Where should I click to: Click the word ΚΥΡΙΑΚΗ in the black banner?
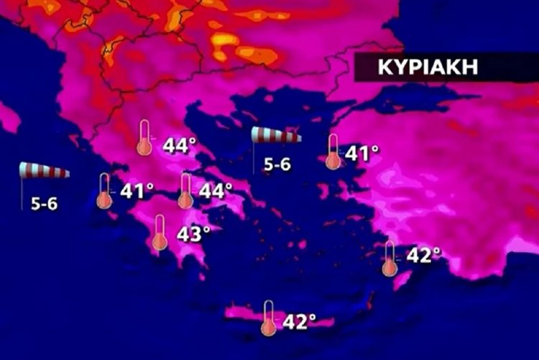coord(428,69)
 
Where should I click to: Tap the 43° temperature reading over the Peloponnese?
coord(193,234)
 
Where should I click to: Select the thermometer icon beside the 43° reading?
coord(160,232)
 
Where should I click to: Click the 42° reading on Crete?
coord(299,321)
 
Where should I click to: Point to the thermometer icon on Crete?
coord(269,318)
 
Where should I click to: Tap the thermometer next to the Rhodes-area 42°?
coord(390,259)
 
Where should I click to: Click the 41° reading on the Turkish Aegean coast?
coord(361,153)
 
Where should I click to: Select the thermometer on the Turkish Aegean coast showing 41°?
coord(333,152)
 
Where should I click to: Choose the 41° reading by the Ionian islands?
coord(137,191)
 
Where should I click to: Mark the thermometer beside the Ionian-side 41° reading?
coord(105,191)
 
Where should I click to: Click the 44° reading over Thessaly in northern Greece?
coord(179,146)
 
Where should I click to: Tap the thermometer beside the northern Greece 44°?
coord(145,138)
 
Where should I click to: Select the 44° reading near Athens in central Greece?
coord(216,192)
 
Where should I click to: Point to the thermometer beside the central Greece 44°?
coord(185,190)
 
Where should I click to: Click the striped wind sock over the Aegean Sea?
coord(276,135)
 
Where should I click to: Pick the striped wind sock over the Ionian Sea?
coord(45,171)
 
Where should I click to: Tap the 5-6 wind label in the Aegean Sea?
coord(277,165)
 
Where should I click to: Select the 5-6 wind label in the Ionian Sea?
coord(45,203)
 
